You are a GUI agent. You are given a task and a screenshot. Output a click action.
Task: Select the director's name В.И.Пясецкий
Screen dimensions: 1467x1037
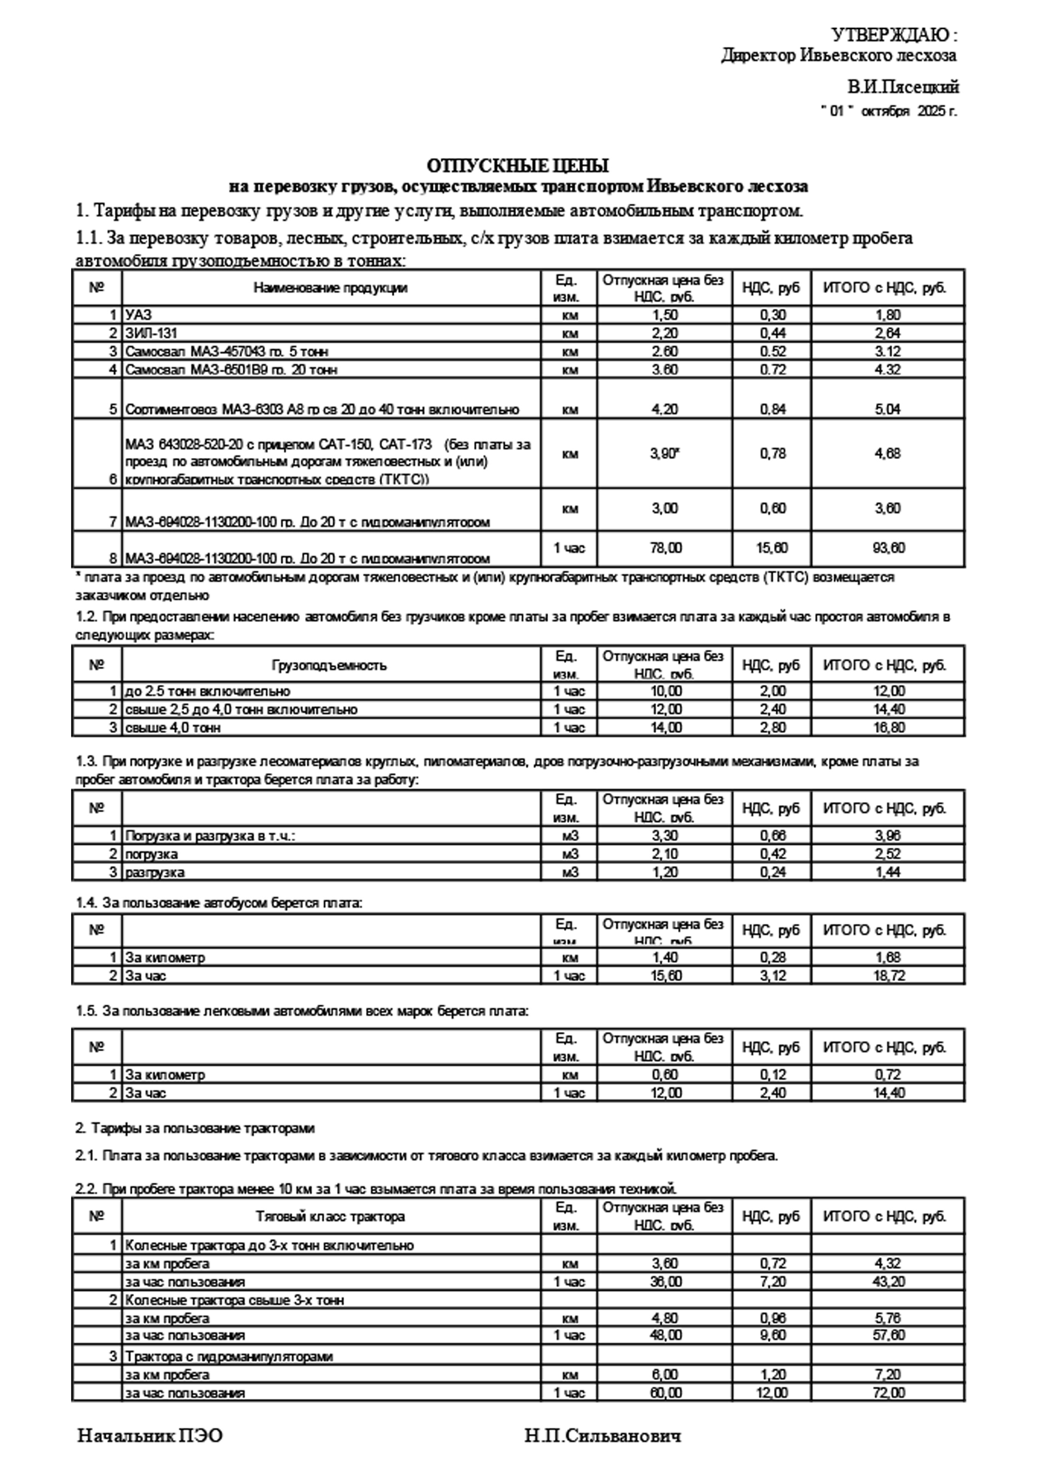tap(903, 86)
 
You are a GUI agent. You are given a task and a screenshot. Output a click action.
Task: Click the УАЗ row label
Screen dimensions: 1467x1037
tap(139, 315)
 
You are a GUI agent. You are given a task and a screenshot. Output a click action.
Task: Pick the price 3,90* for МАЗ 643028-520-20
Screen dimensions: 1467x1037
tap(664, 454)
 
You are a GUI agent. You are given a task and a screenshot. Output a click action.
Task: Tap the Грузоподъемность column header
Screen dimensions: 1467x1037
tap(329, 665)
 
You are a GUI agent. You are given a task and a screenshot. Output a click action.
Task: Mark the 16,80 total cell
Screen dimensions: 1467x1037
tap(888, 728)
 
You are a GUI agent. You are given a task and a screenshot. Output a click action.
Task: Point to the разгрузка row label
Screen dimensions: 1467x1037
tap(155, 872)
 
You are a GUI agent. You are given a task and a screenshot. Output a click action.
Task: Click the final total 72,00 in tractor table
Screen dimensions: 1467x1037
tap(888, 1392)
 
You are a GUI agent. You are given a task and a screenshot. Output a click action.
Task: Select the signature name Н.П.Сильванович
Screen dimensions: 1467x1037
tap(603, 1436)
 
